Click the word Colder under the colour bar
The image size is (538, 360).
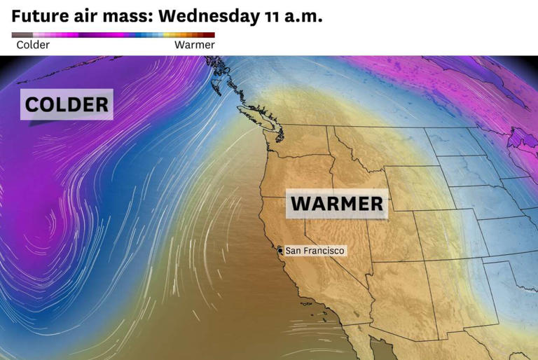point(33,45)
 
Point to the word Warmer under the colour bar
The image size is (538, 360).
point(194,45)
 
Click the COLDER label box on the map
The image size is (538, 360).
point(67,105)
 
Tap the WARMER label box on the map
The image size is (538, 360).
point(337,204)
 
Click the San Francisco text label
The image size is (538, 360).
point(315,250)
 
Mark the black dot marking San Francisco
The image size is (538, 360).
point(280,250)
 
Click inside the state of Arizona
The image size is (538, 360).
point(392,294)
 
